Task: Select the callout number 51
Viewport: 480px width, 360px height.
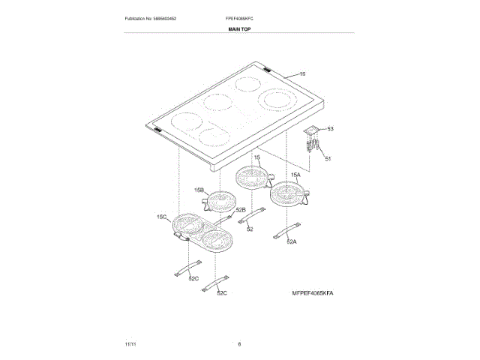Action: (x=327, y=157)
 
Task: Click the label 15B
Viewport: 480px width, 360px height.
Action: (x=199, y=190)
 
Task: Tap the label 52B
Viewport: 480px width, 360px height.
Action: (x=241, y=211)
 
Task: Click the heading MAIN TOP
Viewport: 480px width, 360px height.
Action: (x=239, y=28)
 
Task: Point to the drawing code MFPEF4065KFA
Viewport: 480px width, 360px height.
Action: (x=312, y=292)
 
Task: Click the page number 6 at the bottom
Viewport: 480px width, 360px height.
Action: (x=239, y=343)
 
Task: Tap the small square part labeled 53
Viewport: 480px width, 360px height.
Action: (x=312, y=130)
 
